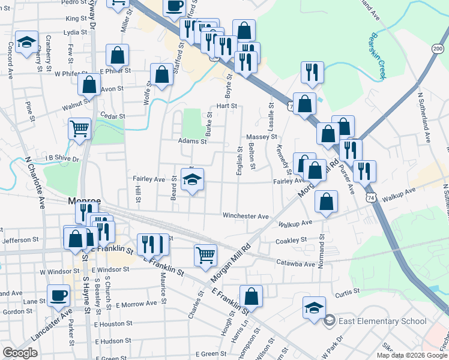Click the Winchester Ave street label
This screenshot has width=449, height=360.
click(245, 215)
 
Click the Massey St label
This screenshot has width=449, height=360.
click(261, 137)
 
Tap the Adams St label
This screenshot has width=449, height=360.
click(192, 142)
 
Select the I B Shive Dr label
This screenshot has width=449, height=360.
click(63, 158)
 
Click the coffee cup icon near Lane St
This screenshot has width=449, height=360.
click(59, 296)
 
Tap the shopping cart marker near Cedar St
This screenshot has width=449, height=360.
click(80, 128)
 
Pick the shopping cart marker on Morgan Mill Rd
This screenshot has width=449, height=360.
click(205, 255)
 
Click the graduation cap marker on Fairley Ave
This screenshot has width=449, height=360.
click(192, 179)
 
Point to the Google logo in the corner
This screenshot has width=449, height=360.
click(20, 352)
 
